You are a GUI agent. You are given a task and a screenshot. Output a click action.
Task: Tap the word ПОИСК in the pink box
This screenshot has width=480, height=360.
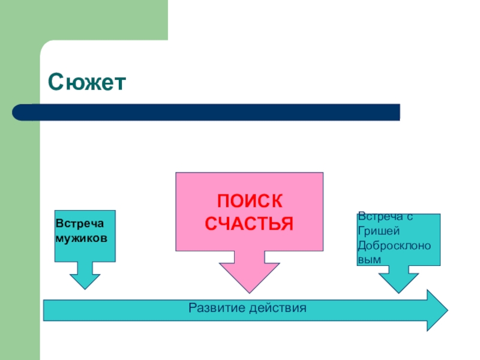[x=248, y=201]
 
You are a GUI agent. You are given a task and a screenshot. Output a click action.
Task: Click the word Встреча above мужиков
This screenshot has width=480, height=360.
[x=80, y=223]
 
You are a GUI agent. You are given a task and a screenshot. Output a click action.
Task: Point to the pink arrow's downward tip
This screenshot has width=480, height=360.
[x=248, y=291]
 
